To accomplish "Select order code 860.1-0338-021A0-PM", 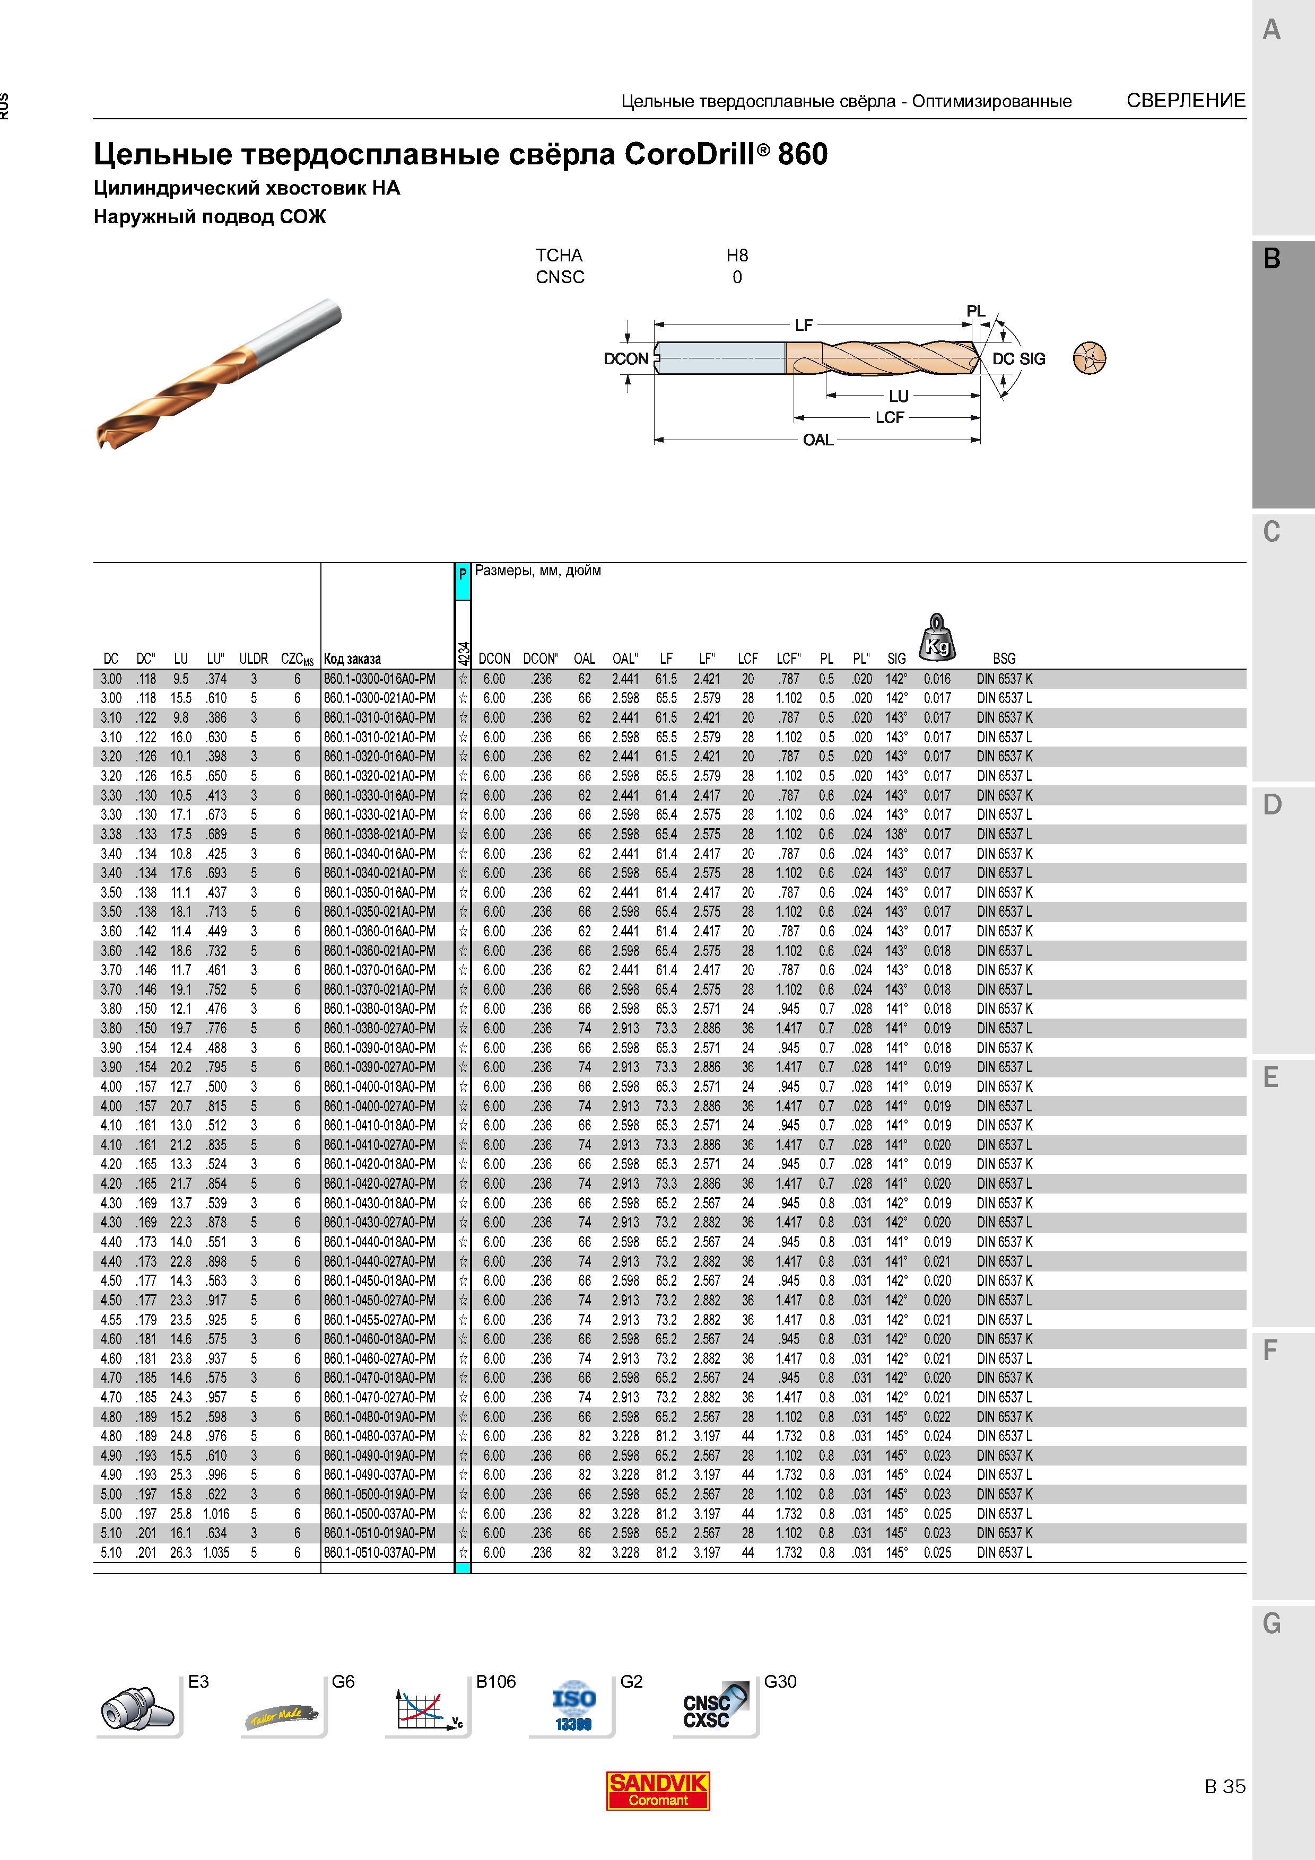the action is [x=379, y=835].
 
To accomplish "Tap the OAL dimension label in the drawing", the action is [x=817, y=440].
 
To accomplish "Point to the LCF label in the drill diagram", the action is [x=889, y=418].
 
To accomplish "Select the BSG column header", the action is [x=1004, y=659].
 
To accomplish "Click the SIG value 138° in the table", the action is [x=896, y=835].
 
